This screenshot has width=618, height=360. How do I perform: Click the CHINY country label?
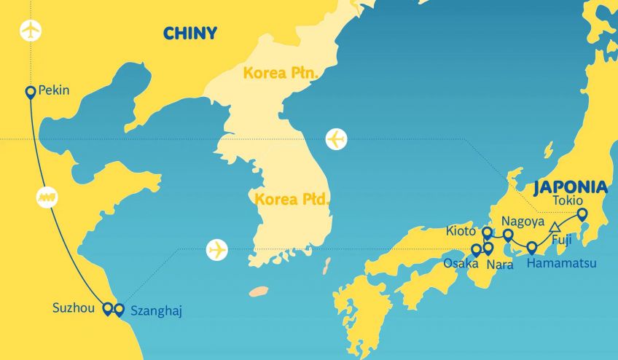[189, 34]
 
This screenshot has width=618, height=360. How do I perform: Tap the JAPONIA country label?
[570, 187]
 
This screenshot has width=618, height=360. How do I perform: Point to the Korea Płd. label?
[290, 197]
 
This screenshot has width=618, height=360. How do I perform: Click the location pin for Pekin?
[31, 92]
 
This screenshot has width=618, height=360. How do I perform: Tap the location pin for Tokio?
[582, 214]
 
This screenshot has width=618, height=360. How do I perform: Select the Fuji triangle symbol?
[555, 226]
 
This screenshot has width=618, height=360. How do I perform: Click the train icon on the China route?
[47, 197]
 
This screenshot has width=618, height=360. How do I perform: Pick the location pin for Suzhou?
[108, 309]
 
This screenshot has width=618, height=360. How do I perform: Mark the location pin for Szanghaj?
[119, 309]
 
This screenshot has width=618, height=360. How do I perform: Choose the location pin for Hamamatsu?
[532, 247]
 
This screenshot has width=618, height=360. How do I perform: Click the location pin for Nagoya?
[508, 235]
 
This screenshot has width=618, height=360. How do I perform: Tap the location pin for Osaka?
[477, 250]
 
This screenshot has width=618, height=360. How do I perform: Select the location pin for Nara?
[488, 249]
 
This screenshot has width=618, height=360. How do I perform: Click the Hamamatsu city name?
[562, 263]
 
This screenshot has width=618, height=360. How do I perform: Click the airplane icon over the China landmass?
[31, 31]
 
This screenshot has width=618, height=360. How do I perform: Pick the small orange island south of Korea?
[258, 291]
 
